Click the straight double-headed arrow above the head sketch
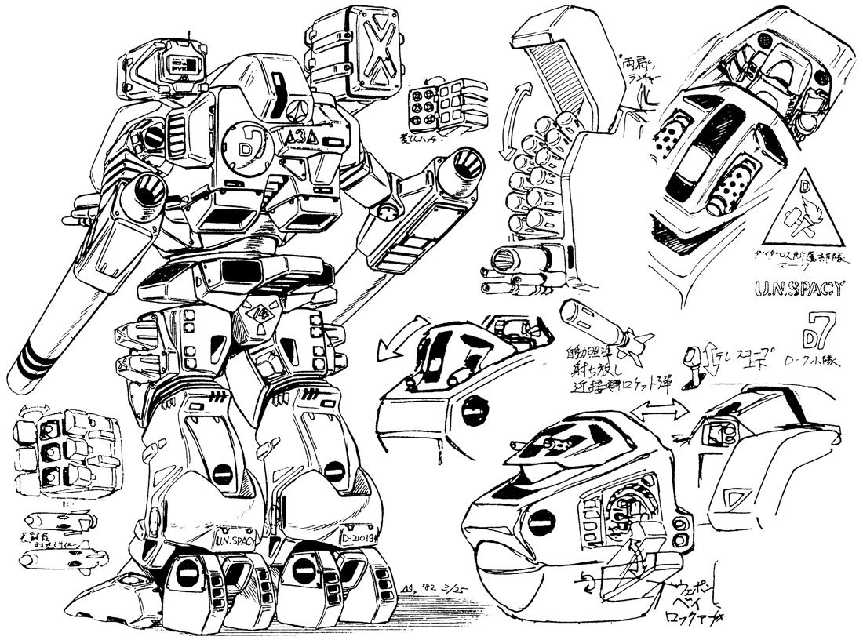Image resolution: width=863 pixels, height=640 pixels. [660, 408]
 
